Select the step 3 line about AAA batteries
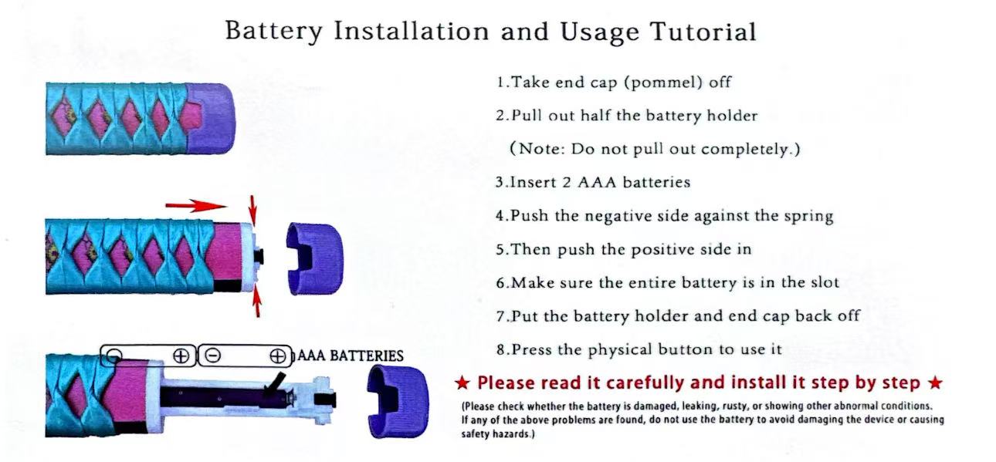(x=593, y=182)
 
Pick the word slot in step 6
(x=822, y=282)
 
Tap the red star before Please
(x=462, y=383)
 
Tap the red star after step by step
(x=935, y=383)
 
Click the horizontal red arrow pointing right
(x=196, y=206)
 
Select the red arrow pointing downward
(x=252, y=210)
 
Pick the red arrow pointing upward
(x=257, y=302)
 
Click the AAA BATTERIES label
(x=351, y=356)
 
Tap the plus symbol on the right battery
(x=278, y=356)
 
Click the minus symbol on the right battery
(x=213, y=356)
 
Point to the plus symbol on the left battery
(x=181, y=356)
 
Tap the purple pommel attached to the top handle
(x=212, y=118)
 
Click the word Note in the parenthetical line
(x=541, y=149)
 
